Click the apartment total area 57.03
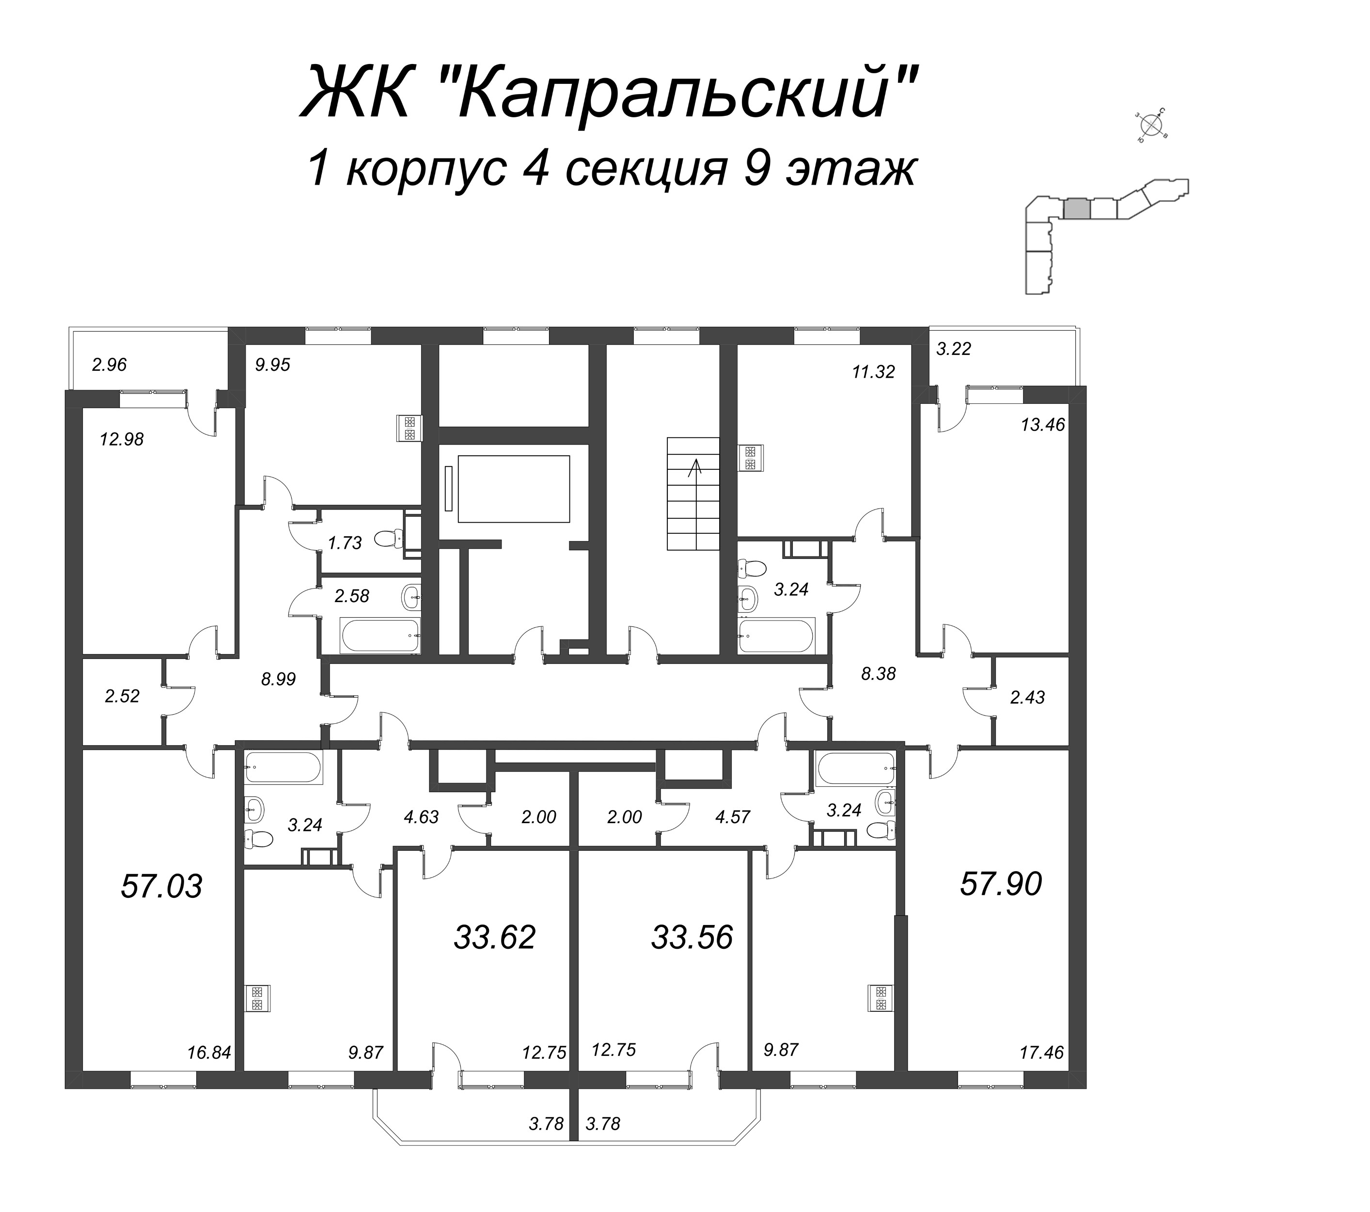(161, 886)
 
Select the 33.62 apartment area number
(495, 937)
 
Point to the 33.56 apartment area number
(692, 937)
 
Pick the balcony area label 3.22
(954, 349)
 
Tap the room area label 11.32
(873, 371)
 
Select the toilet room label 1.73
(345, 543)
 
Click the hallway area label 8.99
(278, 679)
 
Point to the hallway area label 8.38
(878, 674)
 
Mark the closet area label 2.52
(122, 696)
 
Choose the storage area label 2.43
(1027, 697)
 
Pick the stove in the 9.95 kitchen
(409, 429)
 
